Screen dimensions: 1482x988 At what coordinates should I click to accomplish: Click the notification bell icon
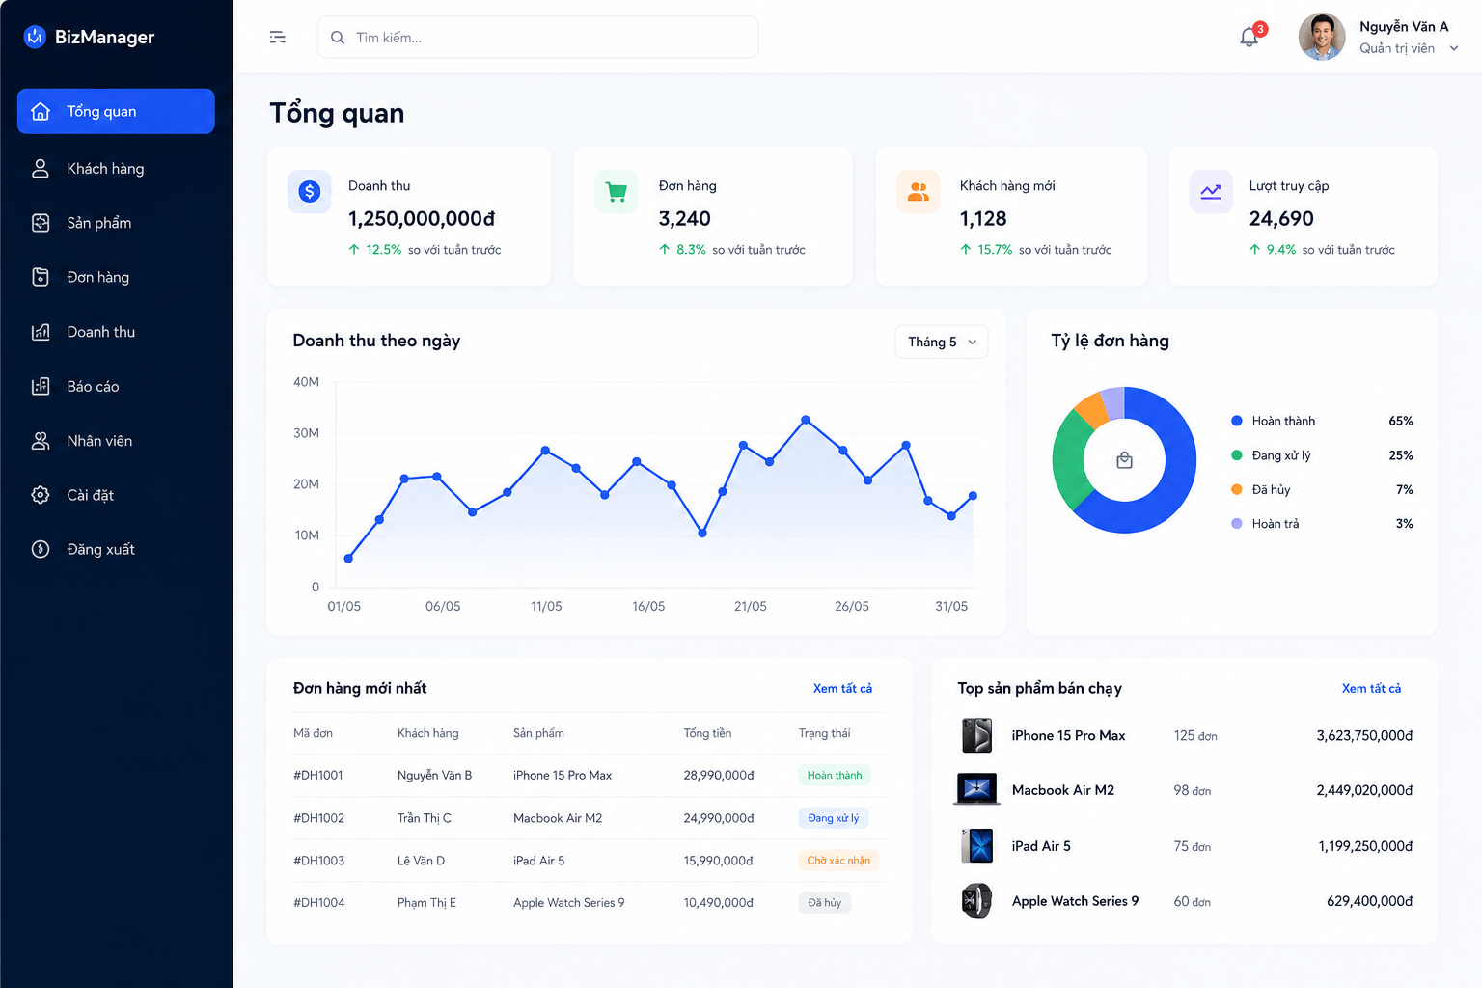(1249, 37)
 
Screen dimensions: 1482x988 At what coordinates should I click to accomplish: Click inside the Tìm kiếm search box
(537, 38)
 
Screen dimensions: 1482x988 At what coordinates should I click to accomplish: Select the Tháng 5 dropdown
(942, 342)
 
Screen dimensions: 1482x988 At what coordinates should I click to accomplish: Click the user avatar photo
(1322, 37)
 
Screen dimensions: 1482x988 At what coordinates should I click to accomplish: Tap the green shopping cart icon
(616, 192)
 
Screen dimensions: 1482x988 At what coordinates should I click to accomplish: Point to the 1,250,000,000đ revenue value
(422, 218)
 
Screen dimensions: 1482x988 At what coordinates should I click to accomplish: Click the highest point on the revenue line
(806, 420)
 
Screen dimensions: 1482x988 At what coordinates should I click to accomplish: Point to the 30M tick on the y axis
(306, 433)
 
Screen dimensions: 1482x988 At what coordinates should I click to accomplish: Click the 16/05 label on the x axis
(648, 606)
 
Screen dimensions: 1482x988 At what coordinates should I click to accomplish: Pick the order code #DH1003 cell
(319, 861)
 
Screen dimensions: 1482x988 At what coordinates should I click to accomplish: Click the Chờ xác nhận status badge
(838, 861)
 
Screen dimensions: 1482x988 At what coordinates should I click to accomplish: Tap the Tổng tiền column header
(707, 733)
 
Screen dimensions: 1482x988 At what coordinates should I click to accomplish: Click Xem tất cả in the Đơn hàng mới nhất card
(842, 688)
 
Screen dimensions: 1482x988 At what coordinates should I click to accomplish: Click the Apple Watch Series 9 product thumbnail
(976, 900)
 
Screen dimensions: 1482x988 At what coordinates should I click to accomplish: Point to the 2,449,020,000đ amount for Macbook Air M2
(1364, 790)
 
